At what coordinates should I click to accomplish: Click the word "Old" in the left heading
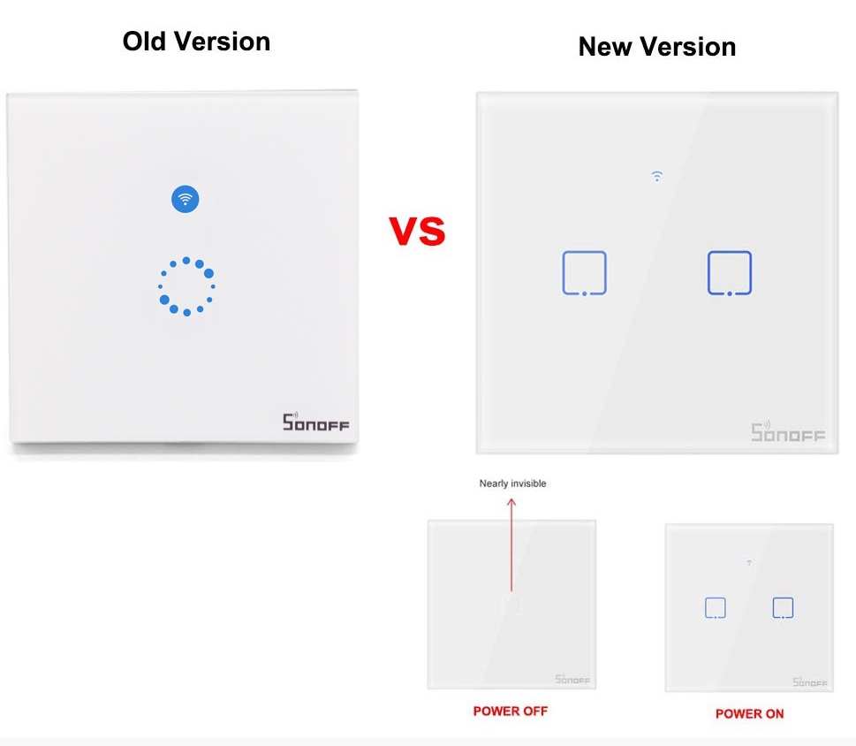pyautogui.click(x=144, y=42)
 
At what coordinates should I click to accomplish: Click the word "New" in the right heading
pyautogui.click(x=605, y=47)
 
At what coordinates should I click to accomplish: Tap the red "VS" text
pyautogui.click(x=417, y=231)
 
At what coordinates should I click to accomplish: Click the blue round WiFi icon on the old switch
pyautogui.click(x=185, y=199)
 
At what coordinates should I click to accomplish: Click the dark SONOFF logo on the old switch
pyautogui.click(x=315, y=422)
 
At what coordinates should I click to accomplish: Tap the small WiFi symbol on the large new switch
pyautogui.click(x=656, y=176)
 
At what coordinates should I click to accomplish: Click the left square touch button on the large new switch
pyautogui.click(x=563, y=273)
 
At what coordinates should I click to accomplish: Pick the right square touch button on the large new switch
pyautogui.click(x=708, y=273)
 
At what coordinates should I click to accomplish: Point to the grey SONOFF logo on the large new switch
pyautogui.click(x=788, y=431)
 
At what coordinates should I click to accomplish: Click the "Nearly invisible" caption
pyautogui.click(x=512, y=483)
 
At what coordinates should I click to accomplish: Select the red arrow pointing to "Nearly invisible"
pyautogui.click(x=511, y=544)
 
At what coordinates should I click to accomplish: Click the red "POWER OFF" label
pyautogui.click(x=511, y=711)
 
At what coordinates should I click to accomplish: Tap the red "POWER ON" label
pyautogui.click(x=749, y=714)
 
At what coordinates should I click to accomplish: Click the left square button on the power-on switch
pyautogui.click(x=705, y=607)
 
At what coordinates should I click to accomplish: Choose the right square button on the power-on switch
pyautogui.click(x=773, y=607)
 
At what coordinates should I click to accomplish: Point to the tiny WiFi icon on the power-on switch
pyautogui.click(x=749, y=562)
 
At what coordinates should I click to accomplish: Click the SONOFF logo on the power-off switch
pyautogui.click(x=572, y=680)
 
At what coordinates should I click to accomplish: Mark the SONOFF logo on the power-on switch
pyautogui.click(x=809, y=682)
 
